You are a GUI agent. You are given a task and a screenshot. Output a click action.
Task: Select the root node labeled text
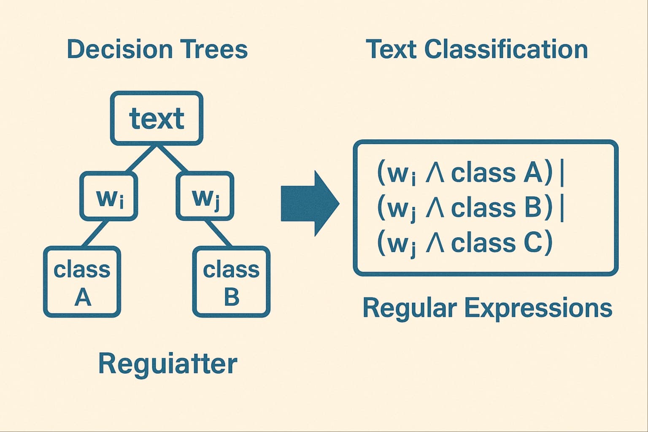click(x=157, y=118)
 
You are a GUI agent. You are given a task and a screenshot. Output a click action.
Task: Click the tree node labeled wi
click(x=109, y=196)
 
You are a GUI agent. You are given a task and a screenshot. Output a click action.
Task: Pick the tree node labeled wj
click(x=205, y=196)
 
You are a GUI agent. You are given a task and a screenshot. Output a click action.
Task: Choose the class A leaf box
click(x=82, y=282)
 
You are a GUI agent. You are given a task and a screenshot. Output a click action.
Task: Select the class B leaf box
click(x=231, y=282)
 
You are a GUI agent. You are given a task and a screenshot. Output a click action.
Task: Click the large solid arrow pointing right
click(x=310, y=203)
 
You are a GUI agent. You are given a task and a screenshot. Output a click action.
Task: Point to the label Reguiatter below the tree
click(x=167, y=364)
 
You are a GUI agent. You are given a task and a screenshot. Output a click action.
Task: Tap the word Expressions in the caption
click(x=538, y=308)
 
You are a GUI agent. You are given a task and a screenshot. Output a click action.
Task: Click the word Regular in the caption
click(x=410, y=308)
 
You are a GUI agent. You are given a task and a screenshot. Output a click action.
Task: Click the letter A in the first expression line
click(x=532, y=173)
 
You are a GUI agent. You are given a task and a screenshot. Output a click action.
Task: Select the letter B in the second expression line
click(x=532, y=208)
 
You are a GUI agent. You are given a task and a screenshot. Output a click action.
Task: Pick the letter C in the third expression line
click(x=532, y=243)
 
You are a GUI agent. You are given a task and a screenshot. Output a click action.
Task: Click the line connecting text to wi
click(x=141, y=159)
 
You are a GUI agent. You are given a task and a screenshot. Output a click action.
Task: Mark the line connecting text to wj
click(x=173, y=159)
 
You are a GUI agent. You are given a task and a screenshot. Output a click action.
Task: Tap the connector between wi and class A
click(x=95, y=233)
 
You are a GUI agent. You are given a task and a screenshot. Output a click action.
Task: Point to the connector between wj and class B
click(x=218, y=233)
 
